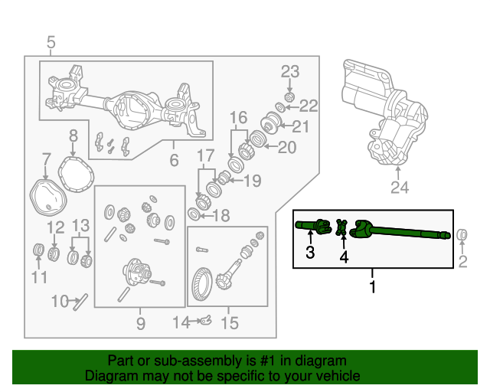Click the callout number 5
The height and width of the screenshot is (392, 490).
point(51,42)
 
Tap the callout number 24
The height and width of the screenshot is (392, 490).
point(400,187)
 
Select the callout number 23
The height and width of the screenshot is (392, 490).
point(289,72)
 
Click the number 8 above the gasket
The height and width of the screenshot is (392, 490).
point(73,136)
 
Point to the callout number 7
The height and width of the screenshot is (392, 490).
point(47,160)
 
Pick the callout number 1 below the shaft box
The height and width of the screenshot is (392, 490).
point(373,287)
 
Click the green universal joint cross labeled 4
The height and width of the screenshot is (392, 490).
point(342,226)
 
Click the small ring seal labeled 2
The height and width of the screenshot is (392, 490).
point(462,234)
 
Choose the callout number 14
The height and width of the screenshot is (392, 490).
point(178,323)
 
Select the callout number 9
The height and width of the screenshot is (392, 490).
point(141,324)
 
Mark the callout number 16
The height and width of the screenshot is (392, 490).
point(238,117)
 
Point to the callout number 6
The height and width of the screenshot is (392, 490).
point(174,160)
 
